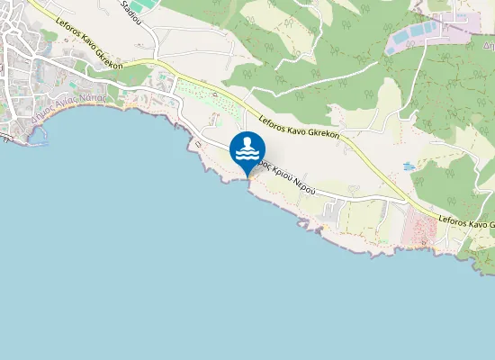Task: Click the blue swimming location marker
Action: [247, 151]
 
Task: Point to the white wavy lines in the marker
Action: [247, 155]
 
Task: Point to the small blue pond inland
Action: [409, 166]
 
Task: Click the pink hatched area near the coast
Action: [419, 229]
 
